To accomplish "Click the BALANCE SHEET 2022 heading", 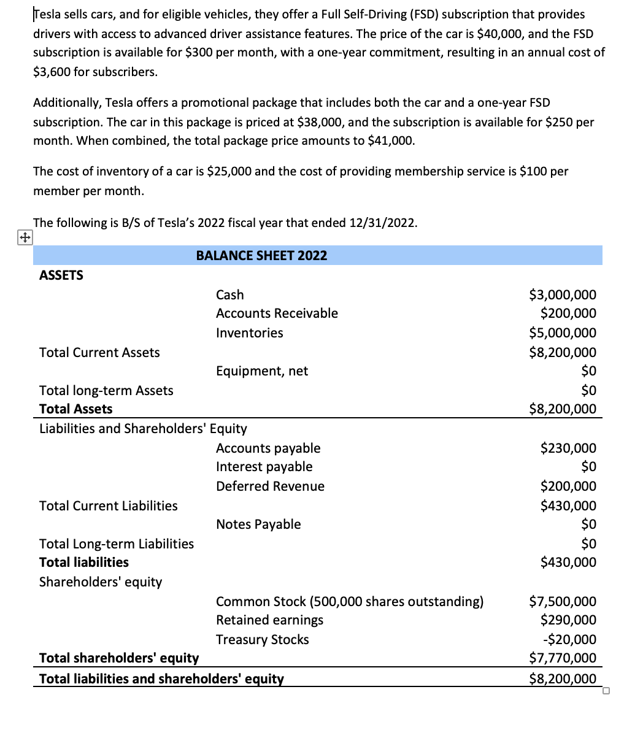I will pyautogui.click(x=261, y=256).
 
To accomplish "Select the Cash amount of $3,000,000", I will pyautogui.click(x=563, y=295).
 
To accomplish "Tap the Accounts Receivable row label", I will pyautogui.click(x=277, y=313).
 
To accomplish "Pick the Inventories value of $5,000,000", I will pyautogui.click(x=563, y=333).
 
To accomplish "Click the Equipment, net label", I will pyautogui.click(x=262, y=371).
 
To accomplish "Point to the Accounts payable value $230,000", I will pyautogui.click(x=568, y=448).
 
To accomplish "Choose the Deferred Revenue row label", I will pyautogui.click(x=270, y=486).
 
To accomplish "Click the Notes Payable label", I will pyautogui.click(x=258, y=524).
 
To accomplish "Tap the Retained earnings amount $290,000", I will pyautogui.click(x=568, y=620).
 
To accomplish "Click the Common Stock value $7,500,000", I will pyautogui.click(x=563, y=602).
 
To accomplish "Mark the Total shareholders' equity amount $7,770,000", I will pyautogui.click(x=563, y=658).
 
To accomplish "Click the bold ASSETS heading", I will pyautogui.click(x=61, y=275).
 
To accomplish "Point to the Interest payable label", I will pyautogui.click(x=264, y=467).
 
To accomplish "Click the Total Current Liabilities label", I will pyautogui.click(x=109, y=506).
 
